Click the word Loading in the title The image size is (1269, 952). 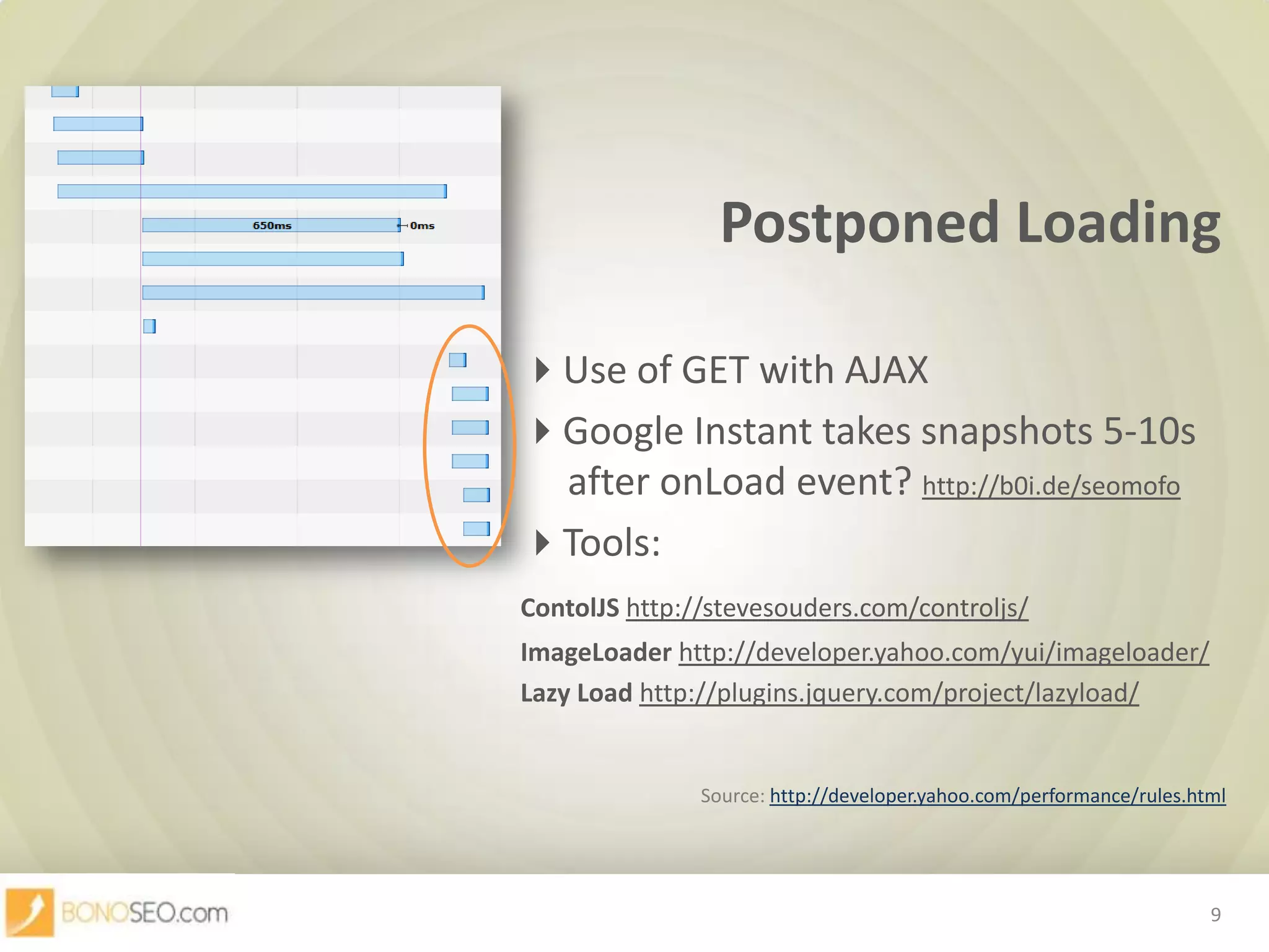[x=1118, y=223]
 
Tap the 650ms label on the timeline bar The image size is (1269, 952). [x=272, y=226]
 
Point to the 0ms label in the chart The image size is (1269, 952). [x=422, y=226]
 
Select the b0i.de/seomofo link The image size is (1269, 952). [x=1051, y=485]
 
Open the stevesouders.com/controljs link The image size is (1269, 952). [x=827, y=608]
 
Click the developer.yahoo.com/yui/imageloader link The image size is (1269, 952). [x=944, y=652]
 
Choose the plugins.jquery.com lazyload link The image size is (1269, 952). [x=889, y=693]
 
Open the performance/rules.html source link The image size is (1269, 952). [x=998, y=796]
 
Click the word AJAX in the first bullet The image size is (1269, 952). [x=886, y=371]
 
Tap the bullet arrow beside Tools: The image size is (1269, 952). [x=543, y=543]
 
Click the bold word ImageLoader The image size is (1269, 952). [x=596, y=652]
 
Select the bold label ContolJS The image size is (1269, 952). [x=569, y=608]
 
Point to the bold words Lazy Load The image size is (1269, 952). [x=576, y=693]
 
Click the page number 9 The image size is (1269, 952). [x=1216, y=915]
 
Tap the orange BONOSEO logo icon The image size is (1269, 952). [x=30, y=912]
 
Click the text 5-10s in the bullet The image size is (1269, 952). [x=1149, y=431]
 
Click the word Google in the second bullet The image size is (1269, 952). [x=623, y=431]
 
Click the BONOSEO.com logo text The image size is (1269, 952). [x=144, y=913]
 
